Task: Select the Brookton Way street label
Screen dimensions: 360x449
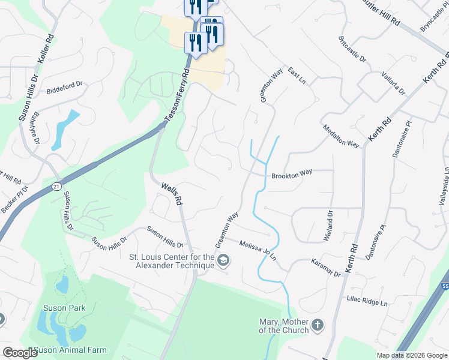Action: tap(292, 173)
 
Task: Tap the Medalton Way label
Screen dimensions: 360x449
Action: tap(341, 136)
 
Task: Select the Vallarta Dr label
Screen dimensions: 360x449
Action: tap(393, 83)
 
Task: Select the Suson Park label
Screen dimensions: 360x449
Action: tap(64, 308)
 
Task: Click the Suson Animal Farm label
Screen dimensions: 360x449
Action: tap(70, 350)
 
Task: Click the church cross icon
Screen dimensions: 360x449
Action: tap(318, 326)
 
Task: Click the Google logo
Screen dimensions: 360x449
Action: tap(20, 353)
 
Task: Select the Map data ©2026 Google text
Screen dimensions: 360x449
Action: tap(411, 355)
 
